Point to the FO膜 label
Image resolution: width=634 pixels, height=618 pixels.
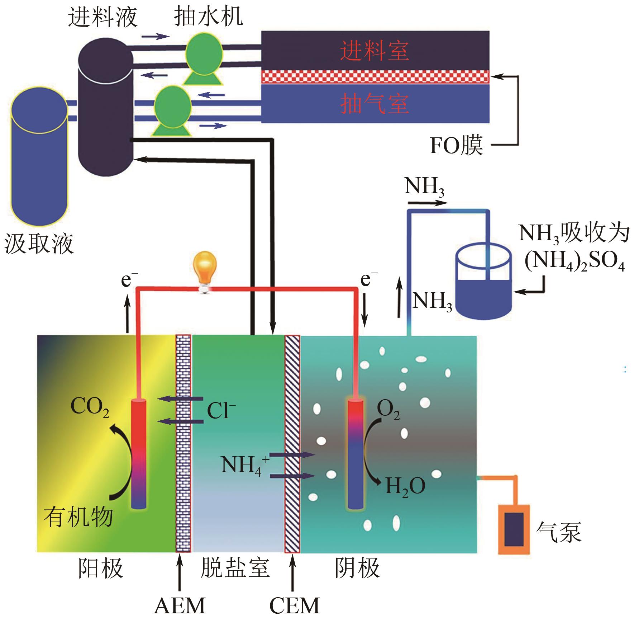[456, 145]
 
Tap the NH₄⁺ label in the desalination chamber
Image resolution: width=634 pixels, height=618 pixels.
[245, 465]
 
